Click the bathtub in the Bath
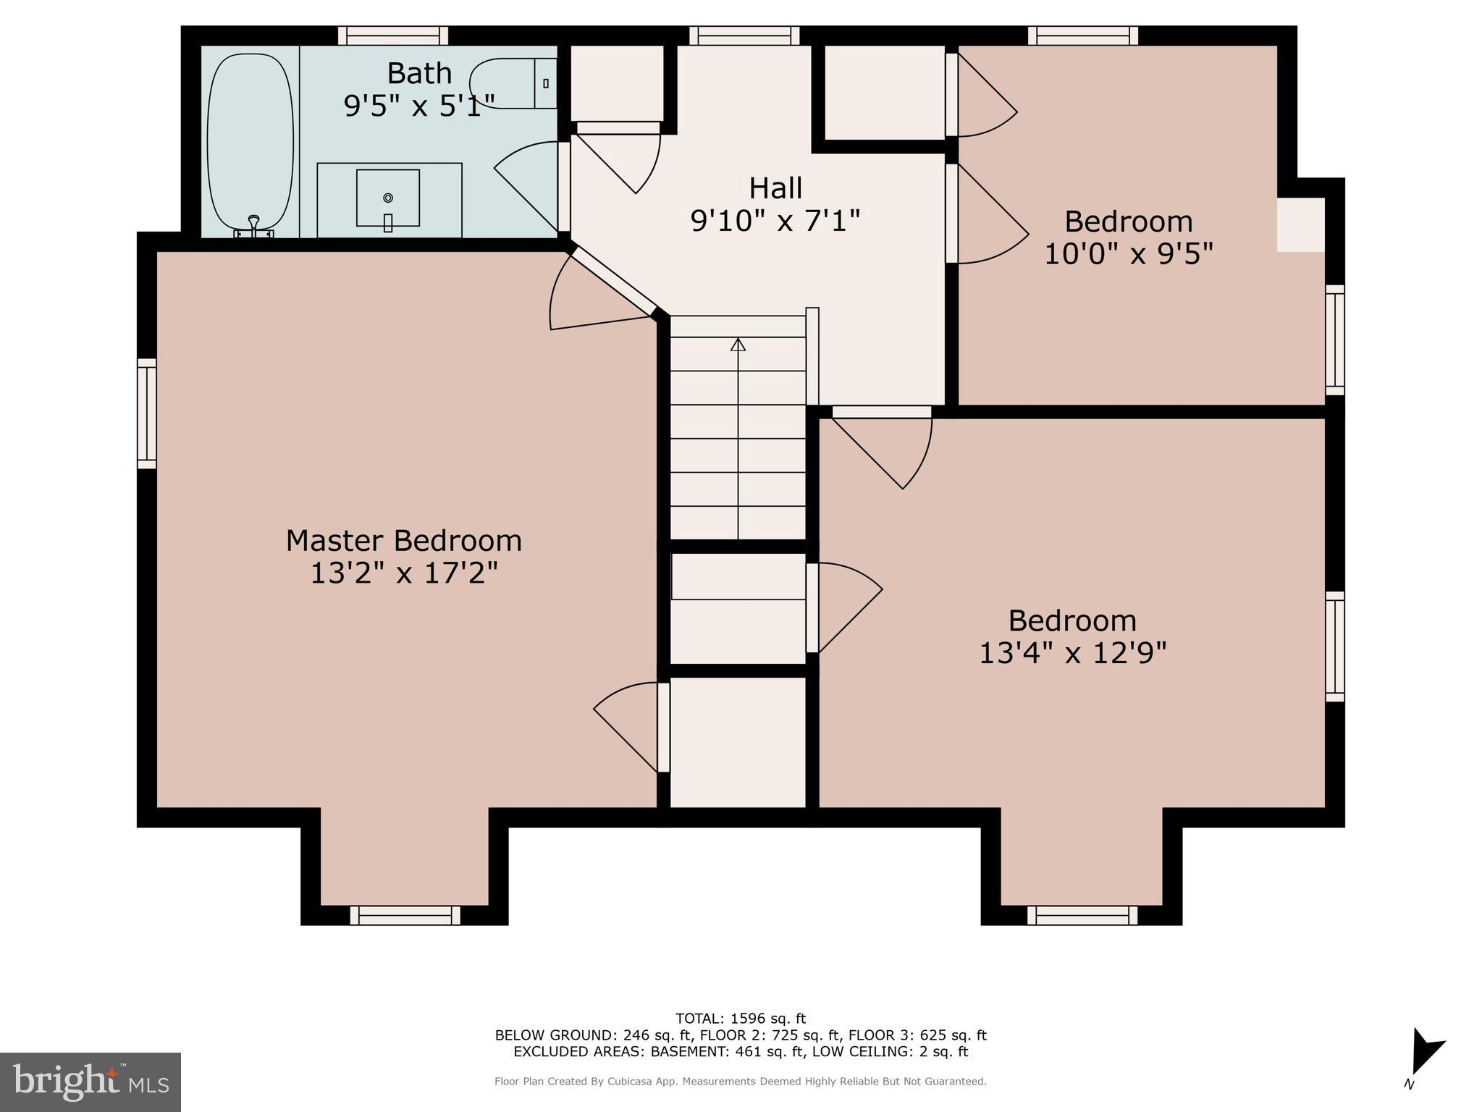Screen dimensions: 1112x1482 (x=250, y=141)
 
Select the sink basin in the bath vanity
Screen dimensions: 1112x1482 (x=387, y=198)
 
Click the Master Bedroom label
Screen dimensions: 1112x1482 (x=403, y=541)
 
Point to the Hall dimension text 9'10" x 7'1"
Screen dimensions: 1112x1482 (x=775, y=219)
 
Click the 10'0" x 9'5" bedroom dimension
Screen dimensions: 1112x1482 (x=1128, y=254)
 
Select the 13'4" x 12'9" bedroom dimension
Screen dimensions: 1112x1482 (x=1072, y=653)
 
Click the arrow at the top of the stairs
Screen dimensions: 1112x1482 (x=738, y=345)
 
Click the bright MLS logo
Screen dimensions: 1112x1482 (x=90, y=1082)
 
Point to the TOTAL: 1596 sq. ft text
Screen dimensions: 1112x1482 (x=740, y=1019)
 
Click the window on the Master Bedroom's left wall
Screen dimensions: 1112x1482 (x=147, y=413)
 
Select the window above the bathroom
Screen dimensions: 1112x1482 (x=393, y=35)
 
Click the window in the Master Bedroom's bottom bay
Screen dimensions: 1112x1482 (x=405, y=915)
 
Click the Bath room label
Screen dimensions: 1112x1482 (x=419, y=73)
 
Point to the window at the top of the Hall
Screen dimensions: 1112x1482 (x=744, y=35)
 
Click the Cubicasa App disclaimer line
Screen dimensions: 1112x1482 (x=740, y=1081)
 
